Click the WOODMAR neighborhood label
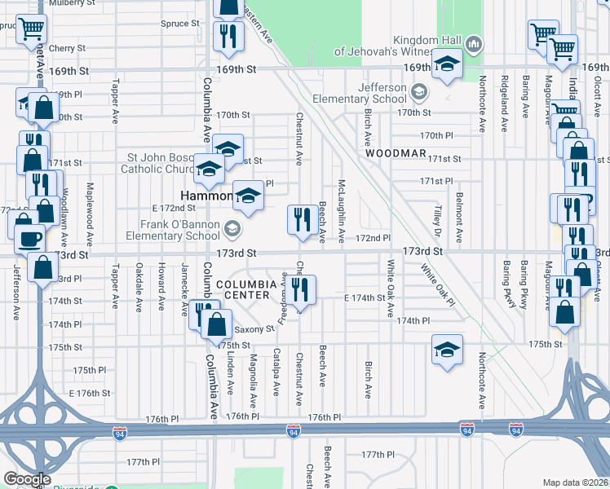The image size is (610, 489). point(396,152)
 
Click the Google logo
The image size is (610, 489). point(27,479)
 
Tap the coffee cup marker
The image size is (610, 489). point(31,238)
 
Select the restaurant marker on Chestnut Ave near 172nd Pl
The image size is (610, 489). point(302,219)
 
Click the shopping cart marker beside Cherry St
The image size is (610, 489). point(31,29)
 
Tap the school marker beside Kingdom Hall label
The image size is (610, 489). point(447,64)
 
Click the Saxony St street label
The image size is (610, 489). point(254,330)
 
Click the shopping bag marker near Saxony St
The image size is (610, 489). point(216,324)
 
